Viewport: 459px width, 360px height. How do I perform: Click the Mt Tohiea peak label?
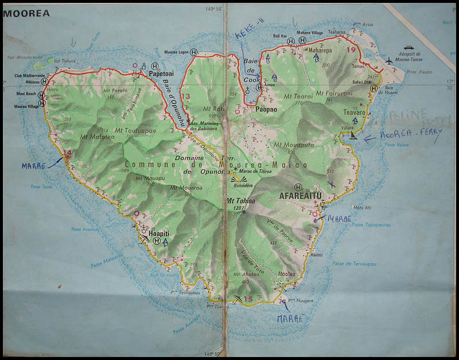(x=241, y=200)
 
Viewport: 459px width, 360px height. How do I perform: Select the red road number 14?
(x=68, y=153)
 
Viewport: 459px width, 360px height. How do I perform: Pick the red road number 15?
(x=248, y=299)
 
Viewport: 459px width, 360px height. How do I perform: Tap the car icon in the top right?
(x=409, y=48)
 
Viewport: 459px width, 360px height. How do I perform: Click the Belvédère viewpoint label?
(x=240, y=187)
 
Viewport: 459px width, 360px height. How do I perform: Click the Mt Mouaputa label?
(x=294, y=145)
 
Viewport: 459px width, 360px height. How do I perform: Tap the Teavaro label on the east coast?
(x=353, y=113)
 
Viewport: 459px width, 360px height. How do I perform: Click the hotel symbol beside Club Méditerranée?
(x=44, y=82)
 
